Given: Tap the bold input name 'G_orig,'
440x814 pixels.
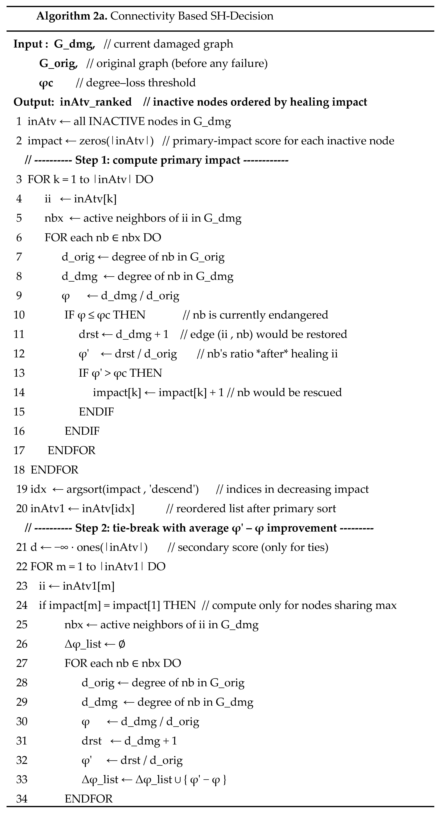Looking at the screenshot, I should tap(58, 64).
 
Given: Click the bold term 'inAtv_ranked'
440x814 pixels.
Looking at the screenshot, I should tap(96, 102).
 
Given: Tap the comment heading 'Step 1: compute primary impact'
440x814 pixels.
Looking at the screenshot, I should tap(157, 160).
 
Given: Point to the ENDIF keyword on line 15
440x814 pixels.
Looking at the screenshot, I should tap(96, 412).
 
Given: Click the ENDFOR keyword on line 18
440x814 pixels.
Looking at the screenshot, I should tap(54, 470).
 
